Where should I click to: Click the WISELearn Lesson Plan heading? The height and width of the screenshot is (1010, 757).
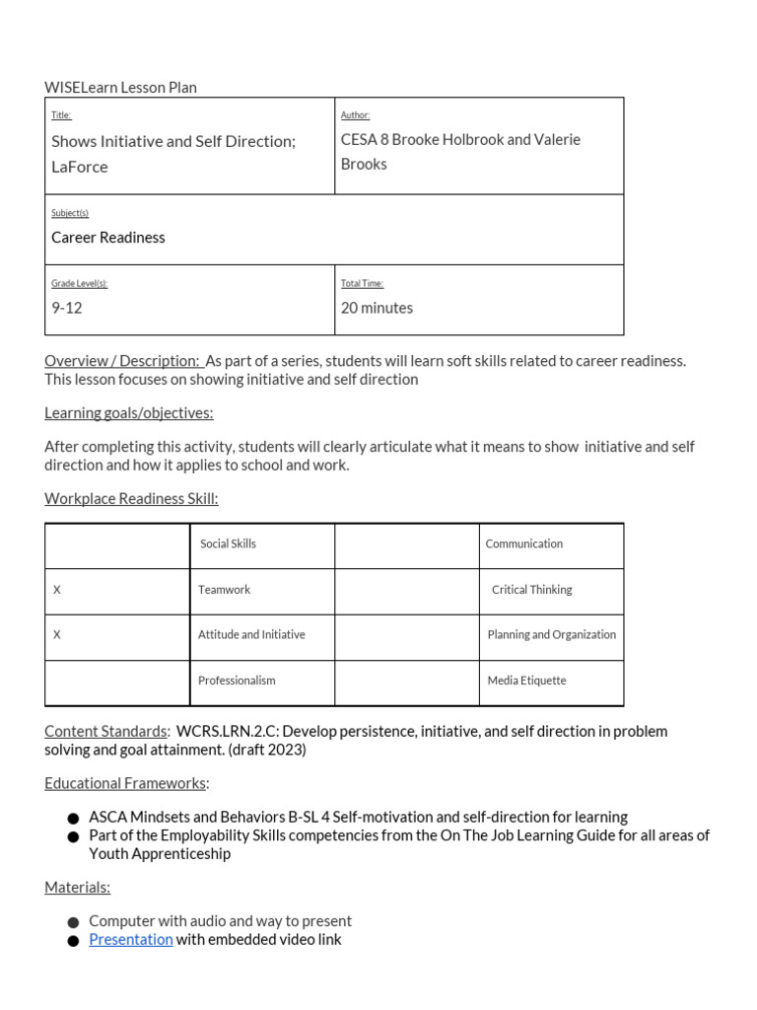[x=120, y=87]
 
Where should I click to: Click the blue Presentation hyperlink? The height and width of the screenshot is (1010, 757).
[x=130, y=939]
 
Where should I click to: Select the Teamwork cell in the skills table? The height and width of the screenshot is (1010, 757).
[x=224, y=589]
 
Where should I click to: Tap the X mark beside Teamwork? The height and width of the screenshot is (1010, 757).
[x=57, y=589]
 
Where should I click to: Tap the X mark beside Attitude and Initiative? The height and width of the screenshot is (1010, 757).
[x=57, y=634]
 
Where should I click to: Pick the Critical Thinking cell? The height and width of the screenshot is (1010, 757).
[x=531, y=589]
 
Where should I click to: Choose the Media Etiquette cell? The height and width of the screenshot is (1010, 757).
[x=526, y=680]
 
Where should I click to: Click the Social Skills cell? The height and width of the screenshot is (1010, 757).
[x=228, y=543]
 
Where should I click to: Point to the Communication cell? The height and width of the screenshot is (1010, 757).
[x=524, y=543]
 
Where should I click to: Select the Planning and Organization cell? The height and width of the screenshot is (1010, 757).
[x=551, y=634]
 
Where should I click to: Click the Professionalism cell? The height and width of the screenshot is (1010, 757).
[x=237, y=680]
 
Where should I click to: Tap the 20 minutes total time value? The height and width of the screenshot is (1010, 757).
[x=377, y=308]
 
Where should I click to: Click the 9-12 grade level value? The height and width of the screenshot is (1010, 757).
[x=66, y=308]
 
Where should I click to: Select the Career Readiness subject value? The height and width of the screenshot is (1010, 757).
[x=107, y=237]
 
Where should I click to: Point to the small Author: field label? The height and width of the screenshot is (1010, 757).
[x=355, y=115]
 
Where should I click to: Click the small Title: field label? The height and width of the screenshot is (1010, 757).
[x=61, y=115]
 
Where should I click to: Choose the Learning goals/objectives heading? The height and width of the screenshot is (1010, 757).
[x=128, y=412]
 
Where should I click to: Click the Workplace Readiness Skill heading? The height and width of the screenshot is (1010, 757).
[x=131, y=498]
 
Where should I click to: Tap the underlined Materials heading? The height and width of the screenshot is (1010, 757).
[x=77, y=887]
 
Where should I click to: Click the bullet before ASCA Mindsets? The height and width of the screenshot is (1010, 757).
[x=74, y=819]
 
